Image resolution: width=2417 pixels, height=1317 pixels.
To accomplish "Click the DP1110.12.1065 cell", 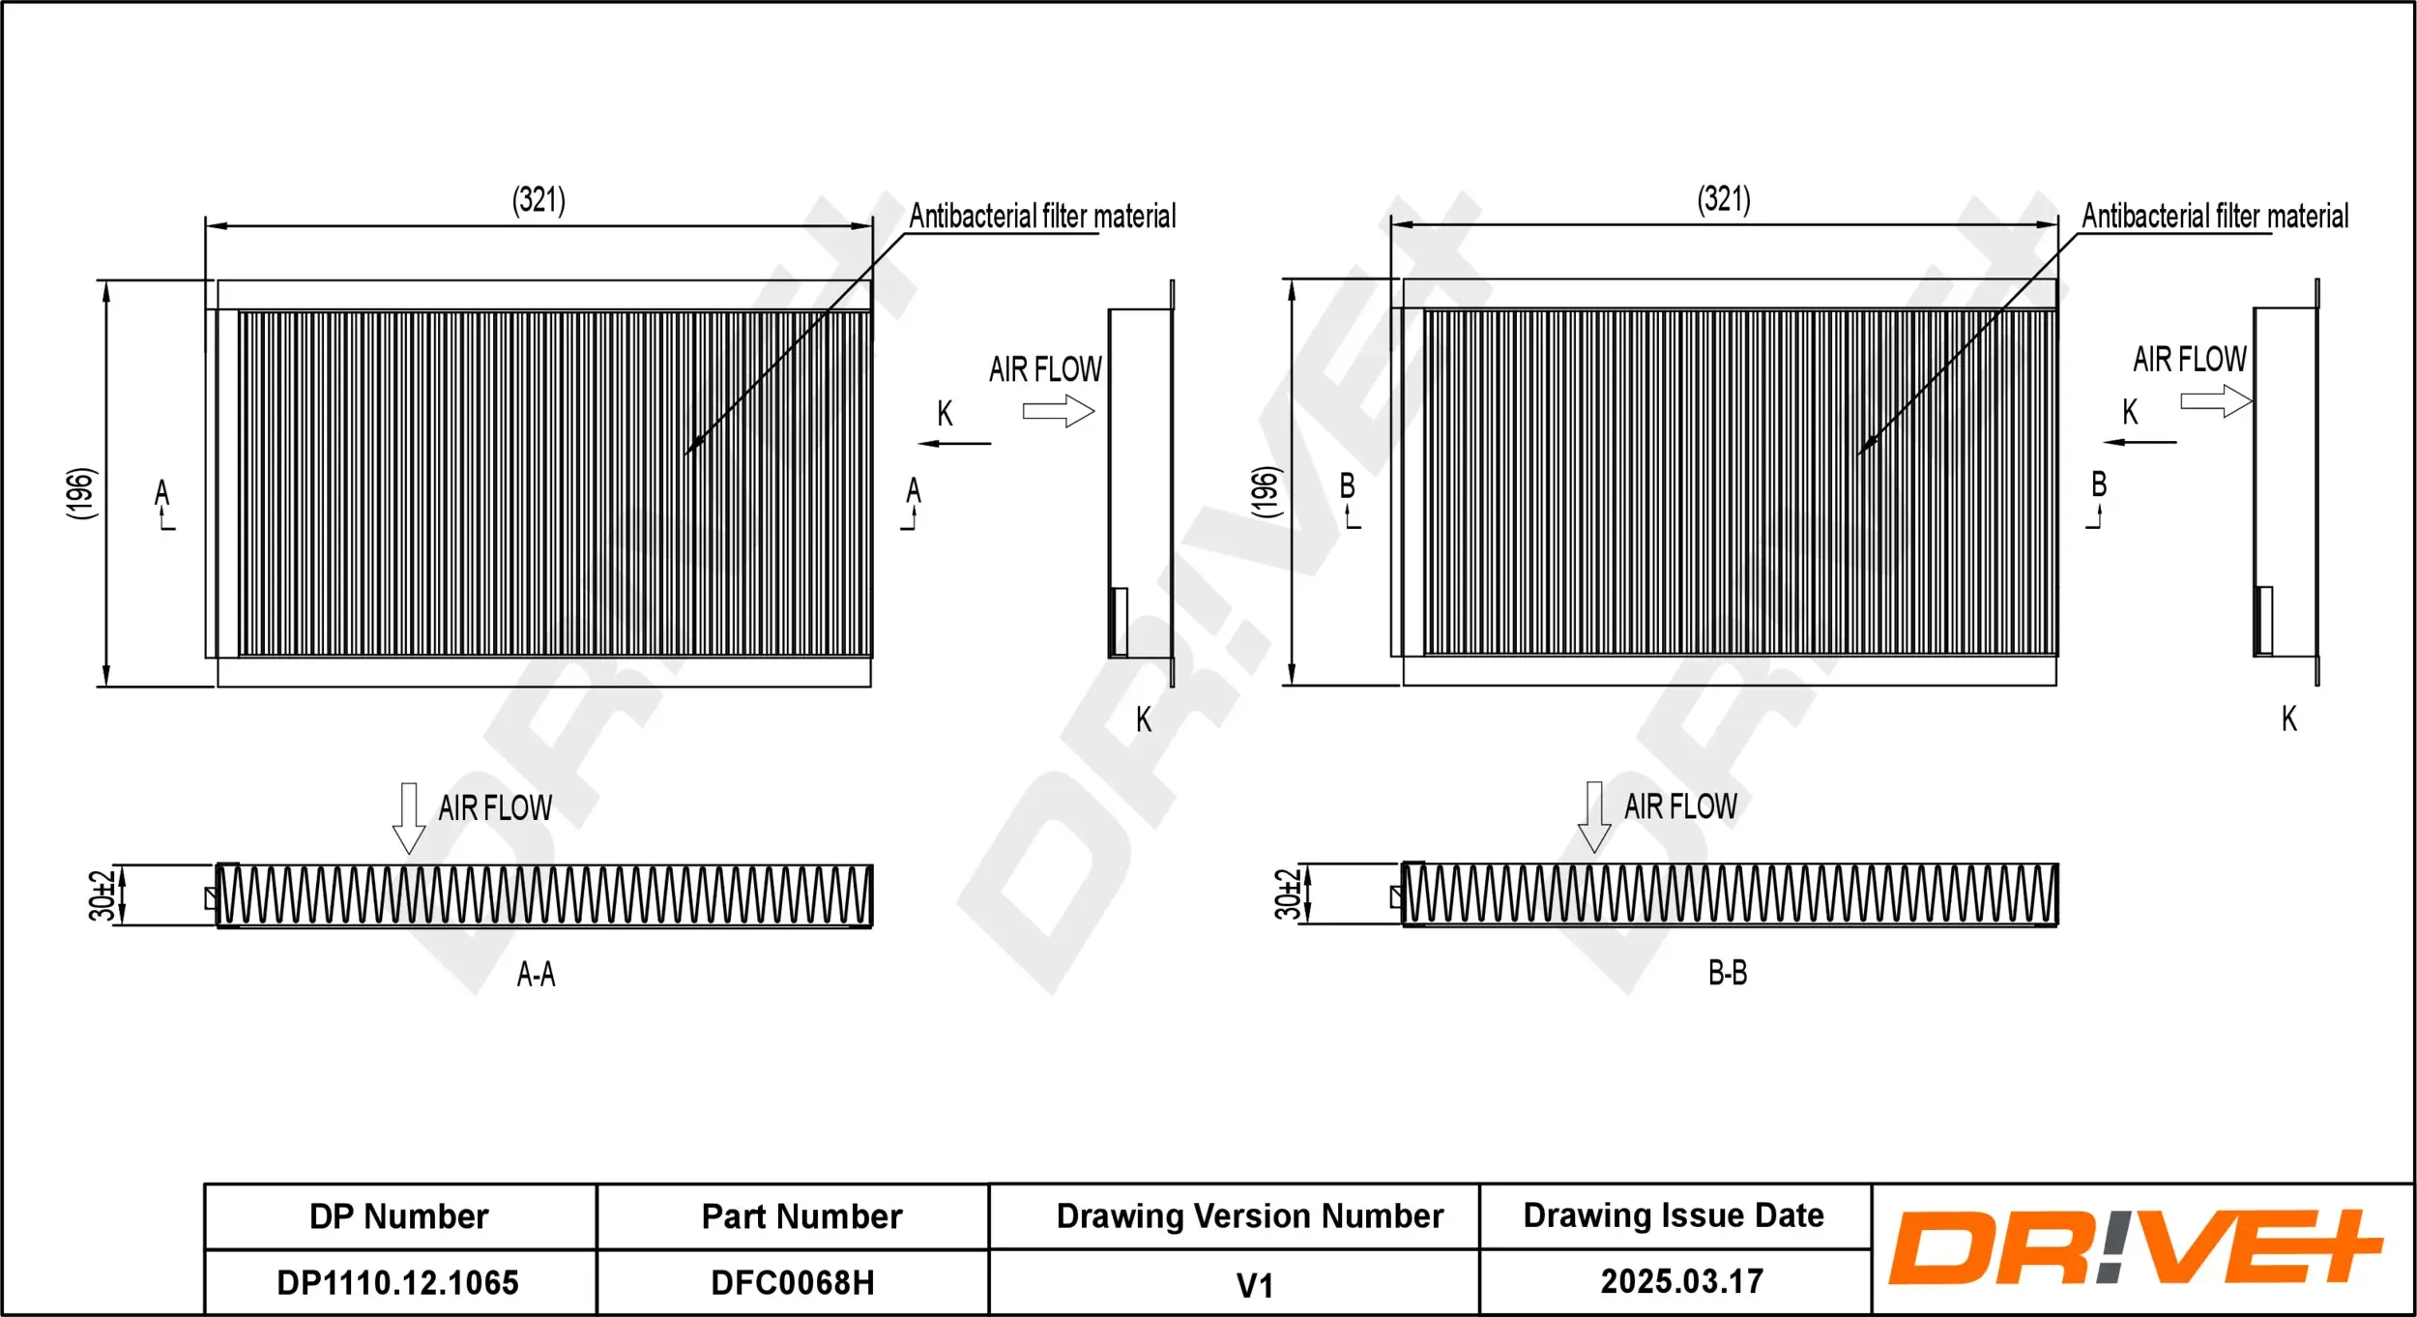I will pyautogui.click(x=397, y=1283).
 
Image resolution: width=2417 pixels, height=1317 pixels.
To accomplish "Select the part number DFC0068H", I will pyautogui.click(x=792, y=1283).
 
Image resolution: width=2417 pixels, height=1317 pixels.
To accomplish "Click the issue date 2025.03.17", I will pyautogui.click(x=1681, y=1282).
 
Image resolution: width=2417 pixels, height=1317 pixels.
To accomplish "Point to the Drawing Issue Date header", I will pyautogui.click(x=1674, y=1215).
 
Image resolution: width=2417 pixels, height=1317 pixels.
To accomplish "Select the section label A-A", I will pyautogui.click(x=536, y=974).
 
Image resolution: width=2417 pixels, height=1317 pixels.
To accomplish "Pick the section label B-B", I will pyautogui.click(x=1727, y=973).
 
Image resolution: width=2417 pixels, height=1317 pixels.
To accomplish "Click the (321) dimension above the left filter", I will pyautogui.click(x=539, y=200).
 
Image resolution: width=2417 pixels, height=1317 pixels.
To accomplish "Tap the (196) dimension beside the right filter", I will pyautogui.click(x=1266, y=492).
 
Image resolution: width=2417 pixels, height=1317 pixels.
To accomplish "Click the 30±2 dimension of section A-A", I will pyautogui.click(x=102, y=894).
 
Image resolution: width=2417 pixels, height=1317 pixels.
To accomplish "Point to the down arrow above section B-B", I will pyautogui.click(x=1593, y=817).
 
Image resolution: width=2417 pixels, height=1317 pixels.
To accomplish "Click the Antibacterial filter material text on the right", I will pyautogui.click(x=2215, y=216).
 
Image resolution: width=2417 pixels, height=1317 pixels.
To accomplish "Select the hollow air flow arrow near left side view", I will pyautogui.click(x=1058, y=411).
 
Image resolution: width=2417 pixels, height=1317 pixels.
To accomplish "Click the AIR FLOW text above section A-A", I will pyautogui.click(x=495, y=808).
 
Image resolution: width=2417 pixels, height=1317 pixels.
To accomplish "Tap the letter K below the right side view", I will pyautogui.click(x=2288, y=718).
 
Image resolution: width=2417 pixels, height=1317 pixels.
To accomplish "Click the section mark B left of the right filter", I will pyautogui.click(x=1347, y=486).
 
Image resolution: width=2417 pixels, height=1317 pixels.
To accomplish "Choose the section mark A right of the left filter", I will pyautogui.click(x=914, y=491).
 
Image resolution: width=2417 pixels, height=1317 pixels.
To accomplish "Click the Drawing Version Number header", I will pyautogui.click(x=1249, y=1216).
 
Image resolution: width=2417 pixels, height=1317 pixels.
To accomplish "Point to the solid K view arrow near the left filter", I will pyautogui.click(x=954, y=444).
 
